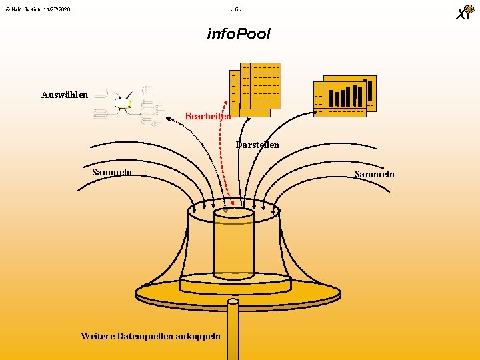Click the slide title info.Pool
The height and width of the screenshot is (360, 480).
coord(239,34)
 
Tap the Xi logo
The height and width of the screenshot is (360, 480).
coord(464,13)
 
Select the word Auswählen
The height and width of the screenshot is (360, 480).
coord(64,95)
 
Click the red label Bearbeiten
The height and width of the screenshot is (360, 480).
coord(208,116)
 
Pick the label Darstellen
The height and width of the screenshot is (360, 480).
coord(257,145)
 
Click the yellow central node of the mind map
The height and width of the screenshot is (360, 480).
coord(122,103)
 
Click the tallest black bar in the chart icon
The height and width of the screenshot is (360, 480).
coord(365,93)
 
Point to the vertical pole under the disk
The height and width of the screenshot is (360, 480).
coord(233,330)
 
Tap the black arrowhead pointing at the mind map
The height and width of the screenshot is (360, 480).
coord(131,107)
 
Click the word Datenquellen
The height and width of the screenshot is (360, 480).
coord(146,335)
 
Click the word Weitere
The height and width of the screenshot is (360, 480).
coord(97,335)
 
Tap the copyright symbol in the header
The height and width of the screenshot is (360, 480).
coord(6,9)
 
